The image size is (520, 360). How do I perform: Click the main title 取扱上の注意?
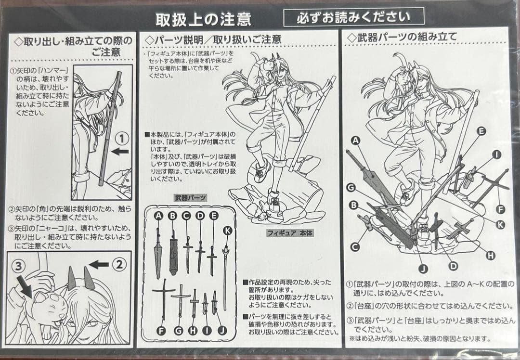click(x=203, y=19)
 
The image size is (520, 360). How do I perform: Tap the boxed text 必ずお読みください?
click(x=353, y=17)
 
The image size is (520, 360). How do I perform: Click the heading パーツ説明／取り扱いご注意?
click(x=213, y=39)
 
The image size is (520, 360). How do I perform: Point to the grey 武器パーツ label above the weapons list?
click(x=190, y=197)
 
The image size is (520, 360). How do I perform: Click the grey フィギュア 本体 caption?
click(x=290, y=233)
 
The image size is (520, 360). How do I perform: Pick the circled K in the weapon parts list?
click(x=228, y=231)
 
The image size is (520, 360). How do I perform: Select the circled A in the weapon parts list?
click(x=158, y=216)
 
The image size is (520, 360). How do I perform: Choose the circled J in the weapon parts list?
click(x=222, y=330)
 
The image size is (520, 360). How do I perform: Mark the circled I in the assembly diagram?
click(x=496, y=154)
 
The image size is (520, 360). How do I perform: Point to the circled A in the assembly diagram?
click(x=356, y=141)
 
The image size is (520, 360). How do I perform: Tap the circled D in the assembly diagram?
click(x=453, y=266)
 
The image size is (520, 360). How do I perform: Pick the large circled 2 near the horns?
click(x=120, y=264)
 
